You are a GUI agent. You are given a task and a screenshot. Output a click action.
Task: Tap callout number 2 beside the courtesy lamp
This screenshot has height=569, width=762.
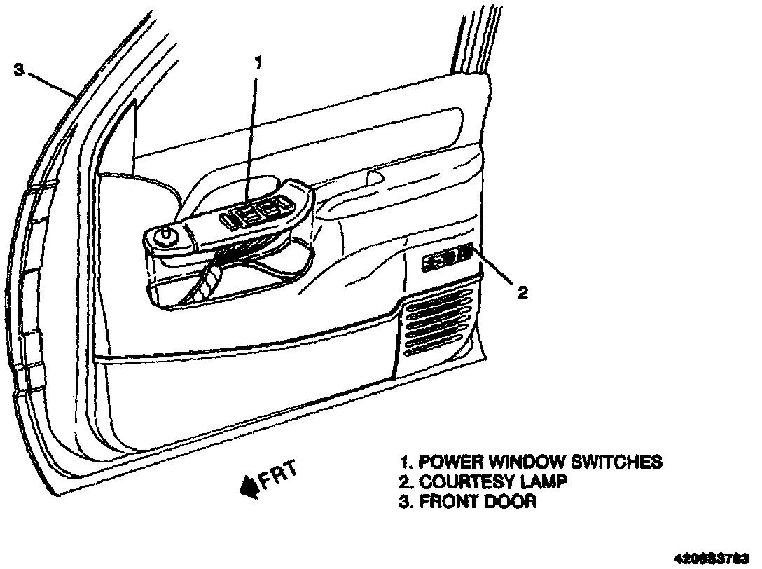click(x=522, y=292)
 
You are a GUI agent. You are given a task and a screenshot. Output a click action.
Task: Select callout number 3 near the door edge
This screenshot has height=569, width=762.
click(x=20, y=69)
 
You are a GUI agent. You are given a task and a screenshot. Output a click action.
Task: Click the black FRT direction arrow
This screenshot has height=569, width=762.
click(x=249, y=486)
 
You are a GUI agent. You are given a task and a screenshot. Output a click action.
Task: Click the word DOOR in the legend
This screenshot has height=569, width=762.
click(x=511, y=502)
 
